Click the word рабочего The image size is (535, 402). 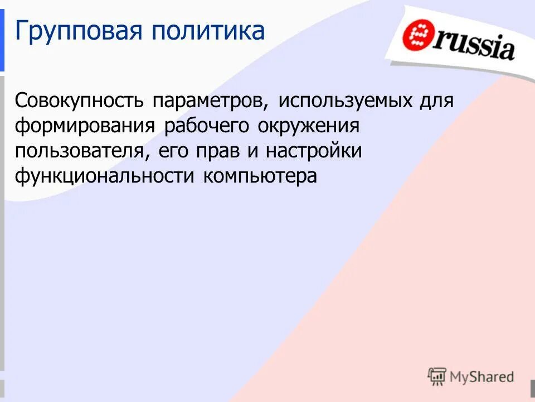[x=207, y=126]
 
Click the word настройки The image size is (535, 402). [x=314, y=151]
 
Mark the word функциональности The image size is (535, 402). [x=105, y=176]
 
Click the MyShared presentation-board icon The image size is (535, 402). [x=437, y=377]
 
